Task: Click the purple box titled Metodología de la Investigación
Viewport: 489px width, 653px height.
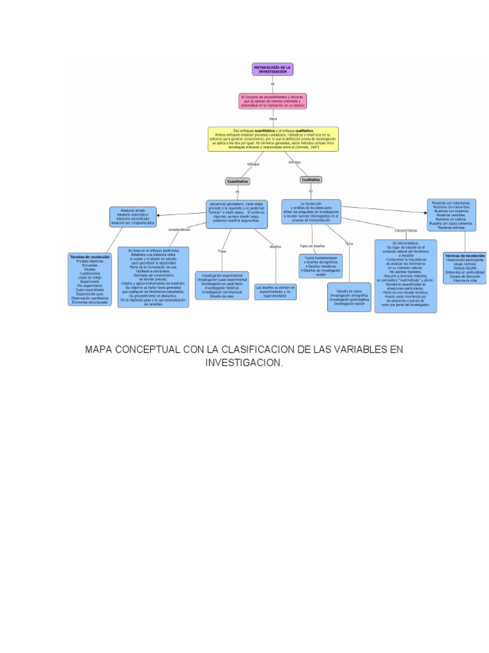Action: coord(272,69)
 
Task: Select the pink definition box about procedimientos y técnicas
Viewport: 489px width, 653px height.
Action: coord(272,101)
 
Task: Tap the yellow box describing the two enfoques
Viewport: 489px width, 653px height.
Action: coord(273,138)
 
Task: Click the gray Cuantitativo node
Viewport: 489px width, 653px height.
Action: coord(237,181)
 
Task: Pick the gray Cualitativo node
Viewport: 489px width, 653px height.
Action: coord(311,180)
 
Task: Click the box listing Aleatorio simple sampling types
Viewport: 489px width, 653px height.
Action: coord(132,217)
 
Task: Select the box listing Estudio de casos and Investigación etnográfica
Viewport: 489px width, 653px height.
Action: coord(349,297)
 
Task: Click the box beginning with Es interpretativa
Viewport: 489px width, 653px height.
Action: coord(406,275)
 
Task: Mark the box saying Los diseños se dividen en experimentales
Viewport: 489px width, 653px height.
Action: coord(275,291)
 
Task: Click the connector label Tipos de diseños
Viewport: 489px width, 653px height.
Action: coord(312,246)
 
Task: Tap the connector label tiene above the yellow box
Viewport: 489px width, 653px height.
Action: coord(273,119)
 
